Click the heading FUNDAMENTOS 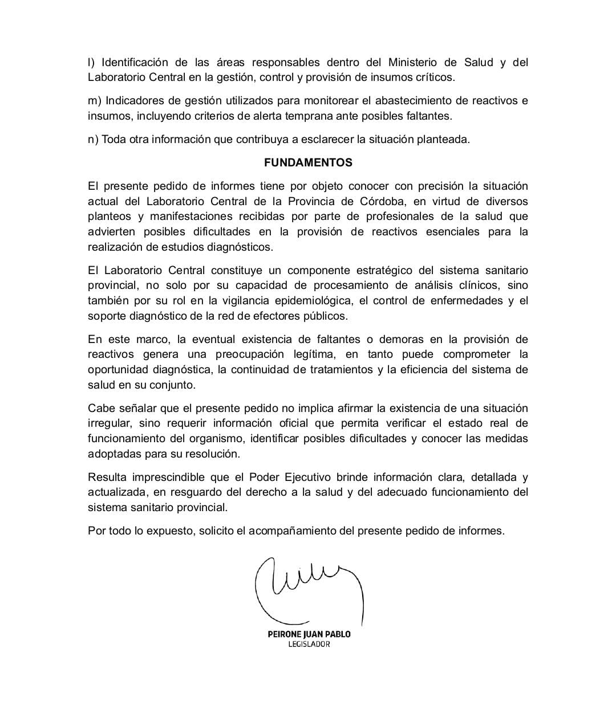[308, 162]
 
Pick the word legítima [315, 354]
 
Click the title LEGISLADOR [309, 644]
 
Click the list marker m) [94, 101]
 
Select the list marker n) [94, 140]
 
